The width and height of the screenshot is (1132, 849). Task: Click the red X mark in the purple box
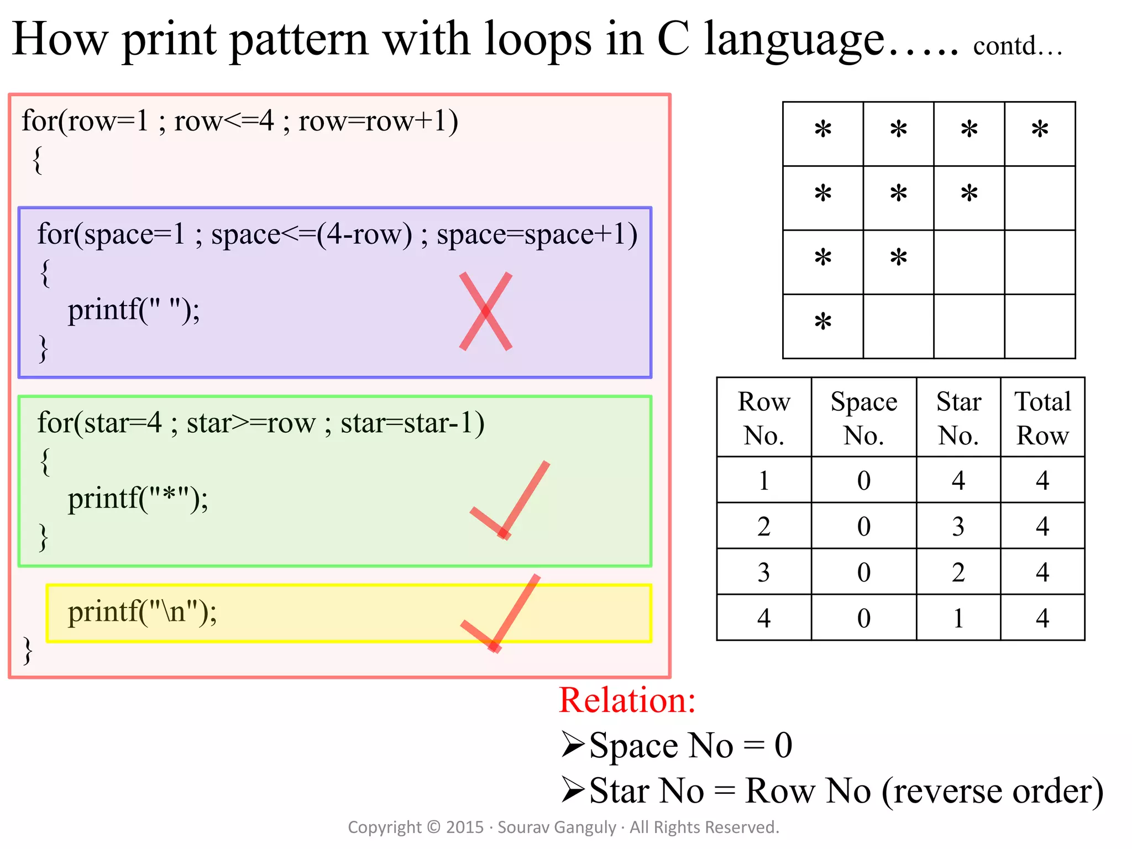(x=486, y=311)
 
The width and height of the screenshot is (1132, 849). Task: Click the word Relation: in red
(x=627, y=700)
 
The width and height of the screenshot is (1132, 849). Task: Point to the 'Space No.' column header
(x=863, y=418)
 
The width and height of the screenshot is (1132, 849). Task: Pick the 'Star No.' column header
(x=958, y=418)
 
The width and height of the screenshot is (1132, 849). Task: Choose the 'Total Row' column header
(x=1042, y=418)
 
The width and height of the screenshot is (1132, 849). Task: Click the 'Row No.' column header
(x=764, y=418)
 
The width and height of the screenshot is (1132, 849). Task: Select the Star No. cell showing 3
(x=958, y=526)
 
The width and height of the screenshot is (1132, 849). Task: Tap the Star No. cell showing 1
(x=958, y=618)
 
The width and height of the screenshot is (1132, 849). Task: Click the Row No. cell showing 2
(x=764, y=526)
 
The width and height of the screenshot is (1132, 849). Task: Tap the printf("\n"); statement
(x=143, y=612)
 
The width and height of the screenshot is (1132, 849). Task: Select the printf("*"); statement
(x=138, y=499)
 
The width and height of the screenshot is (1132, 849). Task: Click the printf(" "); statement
(x=134, y=310)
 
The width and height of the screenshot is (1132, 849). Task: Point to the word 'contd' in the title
(x=1004, y=46)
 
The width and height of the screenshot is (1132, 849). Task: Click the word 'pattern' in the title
(x=299, y=40)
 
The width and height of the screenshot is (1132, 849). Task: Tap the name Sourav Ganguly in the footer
(x=557, y=827)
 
